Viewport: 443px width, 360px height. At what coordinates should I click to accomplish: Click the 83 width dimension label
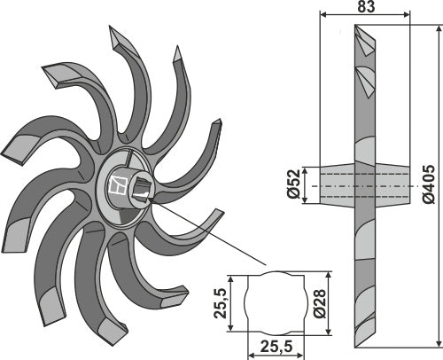[366, 6]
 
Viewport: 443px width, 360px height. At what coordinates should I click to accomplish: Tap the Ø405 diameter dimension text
[429, 184]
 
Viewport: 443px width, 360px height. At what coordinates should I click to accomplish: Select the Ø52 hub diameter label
[293, 184]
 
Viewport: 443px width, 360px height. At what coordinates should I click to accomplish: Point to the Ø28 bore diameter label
[319, 303]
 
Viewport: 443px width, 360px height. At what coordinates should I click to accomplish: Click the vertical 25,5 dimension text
[221, 303]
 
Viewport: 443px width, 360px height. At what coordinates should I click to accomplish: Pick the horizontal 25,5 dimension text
[276, 346]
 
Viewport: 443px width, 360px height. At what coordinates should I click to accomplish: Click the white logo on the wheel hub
[118, 185]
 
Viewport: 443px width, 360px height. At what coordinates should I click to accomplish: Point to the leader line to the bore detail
[208, 231]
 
